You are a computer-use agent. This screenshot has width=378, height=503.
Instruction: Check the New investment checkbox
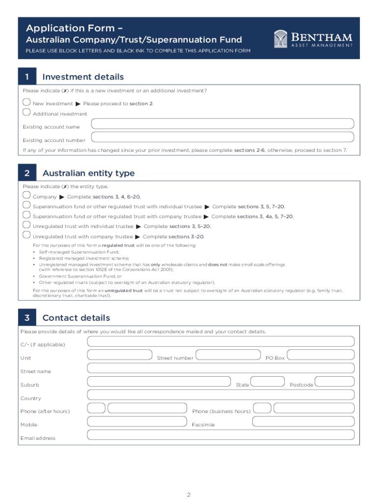click(x=27, y=102)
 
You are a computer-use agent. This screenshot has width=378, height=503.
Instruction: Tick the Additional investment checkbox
click(x=27, y=112)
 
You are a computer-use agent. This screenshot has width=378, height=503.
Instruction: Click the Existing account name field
click(x=223, y=124)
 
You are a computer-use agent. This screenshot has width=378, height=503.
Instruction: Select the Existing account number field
click(x=223, y=137)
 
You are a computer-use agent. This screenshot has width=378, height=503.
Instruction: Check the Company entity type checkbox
click(x=27, y=195)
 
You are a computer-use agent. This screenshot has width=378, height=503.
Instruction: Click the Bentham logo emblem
click(x=281, y=39)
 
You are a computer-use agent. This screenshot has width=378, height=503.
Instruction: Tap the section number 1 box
click(x=27, y=77)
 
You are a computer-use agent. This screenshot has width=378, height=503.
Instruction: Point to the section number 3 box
click(x=27, y=318)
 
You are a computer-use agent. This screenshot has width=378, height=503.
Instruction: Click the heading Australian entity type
click(x=88, y=173)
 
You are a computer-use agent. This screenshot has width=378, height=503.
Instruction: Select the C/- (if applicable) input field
click(x=221, y=341)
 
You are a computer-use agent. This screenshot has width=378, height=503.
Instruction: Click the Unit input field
click(x=120, y=355)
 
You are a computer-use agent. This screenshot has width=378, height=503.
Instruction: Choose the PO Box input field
click(x=321, y=355)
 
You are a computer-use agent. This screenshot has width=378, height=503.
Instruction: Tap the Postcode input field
click(x=334, y=382)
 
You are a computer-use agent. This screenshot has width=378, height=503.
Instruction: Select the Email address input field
click(x=221, y=435)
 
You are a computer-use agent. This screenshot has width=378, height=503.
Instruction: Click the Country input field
click(x=221, y=395)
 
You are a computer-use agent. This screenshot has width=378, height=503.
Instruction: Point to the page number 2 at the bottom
click(x=189, y=494)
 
